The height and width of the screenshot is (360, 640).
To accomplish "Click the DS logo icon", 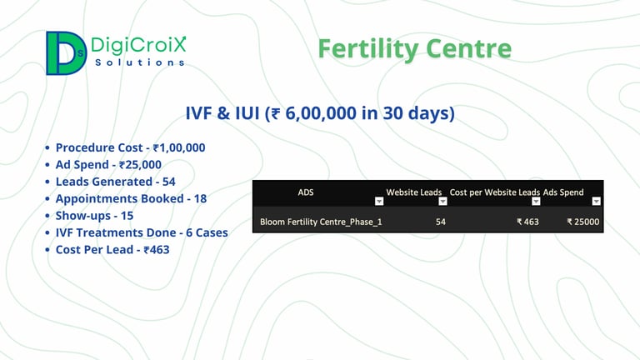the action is [x=66, y=53].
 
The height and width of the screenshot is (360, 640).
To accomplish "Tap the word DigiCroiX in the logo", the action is [x=138, y=44].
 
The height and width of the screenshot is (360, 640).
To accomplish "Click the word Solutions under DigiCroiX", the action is [x=140, y=62].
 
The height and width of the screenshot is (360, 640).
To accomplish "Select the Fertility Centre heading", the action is [x=415, y=48].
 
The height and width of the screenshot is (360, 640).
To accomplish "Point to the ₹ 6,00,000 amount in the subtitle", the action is [x=314, y=113].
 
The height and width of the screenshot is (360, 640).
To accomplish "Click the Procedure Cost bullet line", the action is [x=130, y=147].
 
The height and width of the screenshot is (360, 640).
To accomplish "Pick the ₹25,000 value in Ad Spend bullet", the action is [x=140, y=164].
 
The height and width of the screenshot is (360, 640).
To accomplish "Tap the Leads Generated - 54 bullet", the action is [x=116, y=182].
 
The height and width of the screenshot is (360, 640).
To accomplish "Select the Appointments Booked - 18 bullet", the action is [x=131, y=199].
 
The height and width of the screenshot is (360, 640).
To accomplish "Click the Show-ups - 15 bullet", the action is [x=94, y=216].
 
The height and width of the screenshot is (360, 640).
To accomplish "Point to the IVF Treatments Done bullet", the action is [x=142, y=232].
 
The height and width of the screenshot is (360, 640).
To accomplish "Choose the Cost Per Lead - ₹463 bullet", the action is [x=112, y=249].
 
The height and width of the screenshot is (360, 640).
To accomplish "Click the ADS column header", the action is [x=306, y=192].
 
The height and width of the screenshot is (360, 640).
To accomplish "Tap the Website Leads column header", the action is [x=414, y=192].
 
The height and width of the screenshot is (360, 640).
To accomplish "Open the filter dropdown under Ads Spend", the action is [x=597, y=201].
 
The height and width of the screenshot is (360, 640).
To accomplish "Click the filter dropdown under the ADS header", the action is [x=379, y=201].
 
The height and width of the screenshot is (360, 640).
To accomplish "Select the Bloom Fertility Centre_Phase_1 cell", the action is [x=321, y=222].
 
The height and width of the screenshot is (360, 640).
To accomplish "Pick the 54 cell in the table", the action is [x=440, y=222].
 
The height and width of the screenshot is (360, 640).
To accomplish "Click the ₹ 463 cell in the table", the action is [x=527, y=222].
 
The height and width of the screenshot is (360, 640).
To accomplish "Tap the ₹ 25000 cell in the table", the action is [x=582, y=222].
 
